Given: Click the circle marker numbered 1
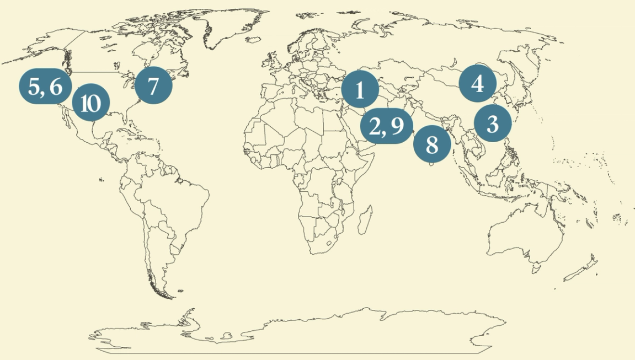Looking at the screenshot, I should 360,89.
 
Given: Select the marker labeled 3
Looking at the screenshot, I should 493,123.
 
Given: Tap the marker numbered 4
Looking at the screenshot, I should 478,83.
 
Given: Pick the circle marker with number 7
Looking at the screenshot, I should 153,85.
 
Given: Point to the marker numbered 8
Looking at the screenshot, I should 432,144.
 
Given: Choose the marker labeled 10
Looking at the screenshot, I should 91,103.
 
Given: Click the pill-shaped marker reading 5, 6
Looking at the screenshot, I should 46,87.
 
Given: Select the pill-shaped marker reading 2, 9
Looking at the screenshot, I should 387,126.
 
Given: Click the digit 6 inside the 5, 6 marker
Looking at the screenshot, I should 56,87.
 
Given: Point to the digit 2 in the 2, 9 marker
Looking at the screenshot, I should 376,127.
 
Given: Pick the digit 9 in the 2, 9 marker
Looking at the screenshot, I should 398,127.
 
